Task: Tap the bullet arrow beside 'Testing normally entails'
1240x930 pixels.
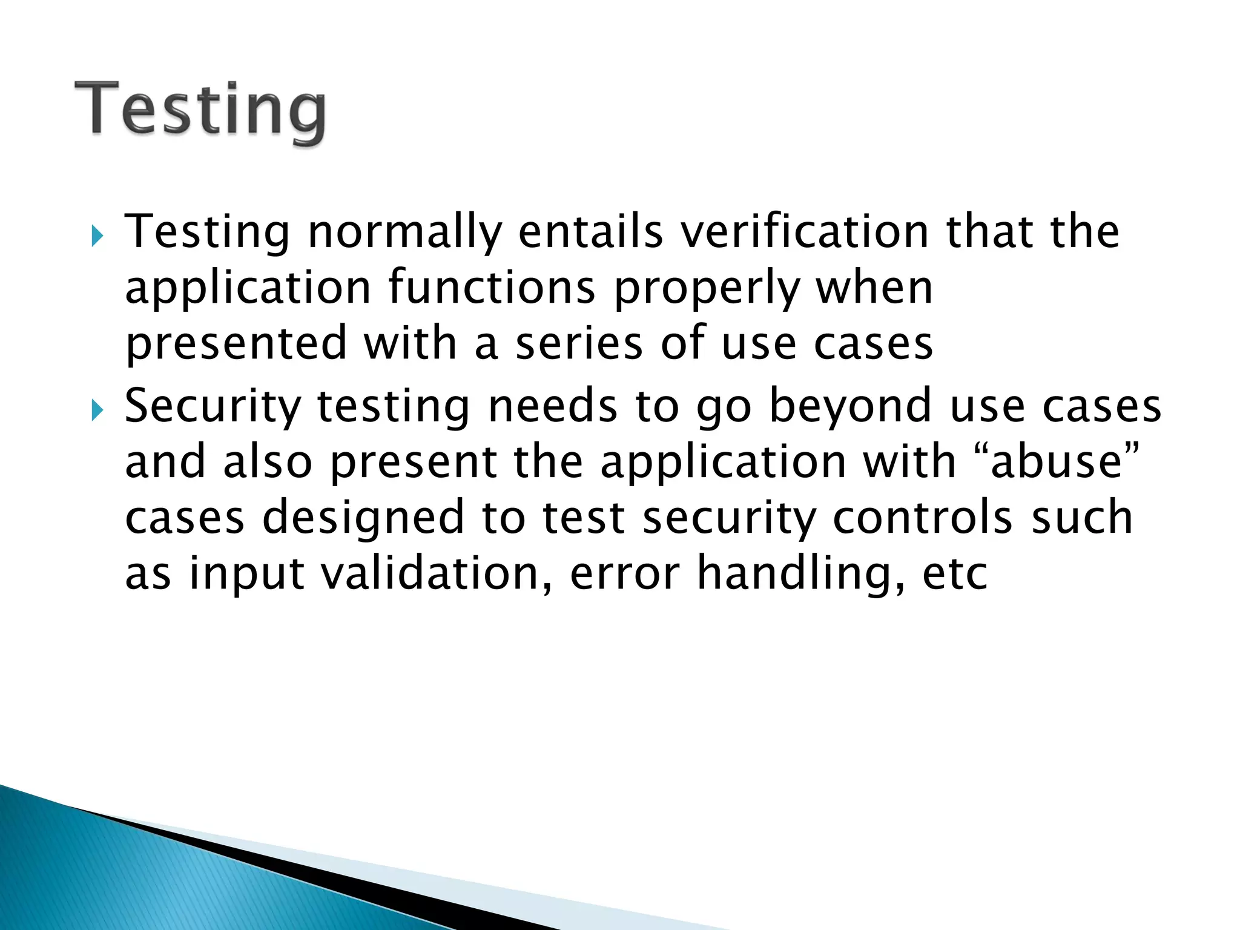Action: (97, 236)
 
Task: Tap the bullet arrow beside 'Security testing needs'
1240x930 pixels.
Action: (97, 411)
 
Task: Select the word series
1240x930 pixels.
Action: (578, 343)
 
